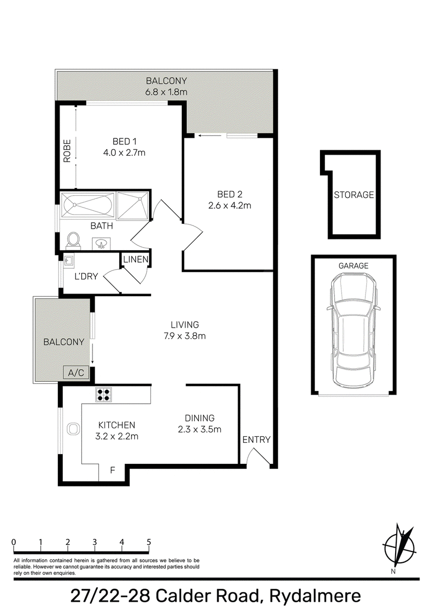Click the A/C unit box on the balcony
click(76, 372)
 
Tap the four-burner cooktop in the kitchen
click(103, 395)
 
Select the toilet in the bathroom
click(73, 241)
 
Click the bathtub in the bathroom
click(88, 205)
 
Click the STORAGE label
click(353, 195)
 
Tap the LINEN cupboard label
click(136, 259)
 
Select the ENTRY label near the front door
click(257, 440)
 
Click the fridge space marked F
click(113, 470)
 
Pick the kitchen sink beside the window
click(73, 429)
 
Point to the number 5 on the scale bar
click(148, 542)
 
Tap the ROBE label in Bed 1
click(67, 151)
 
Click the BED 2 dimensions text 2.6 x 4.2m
click(230, 205)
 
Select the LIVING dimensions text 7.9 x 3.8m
click(185, 336)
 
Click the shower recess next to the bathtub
click(133, 205)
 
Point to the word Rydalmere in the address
click(315, 596)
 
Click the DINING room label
click(200, 418)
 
